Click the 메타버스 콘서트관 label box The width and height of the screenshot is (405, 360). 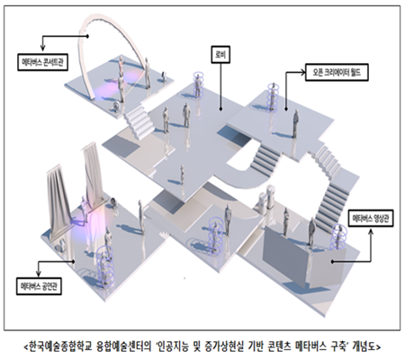(42, 62)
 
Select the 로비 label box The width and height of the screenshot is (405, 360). (220, 54)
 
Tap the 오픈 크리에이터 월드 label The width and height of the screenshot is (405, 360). (337, 72)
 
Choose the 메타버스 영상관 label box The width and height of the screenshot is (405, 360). (372, 218)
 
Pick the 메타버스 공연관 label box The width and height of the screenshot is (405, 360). (39, 286)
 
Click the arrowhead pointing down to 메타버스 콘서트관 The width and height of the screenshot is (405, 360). (43, 48)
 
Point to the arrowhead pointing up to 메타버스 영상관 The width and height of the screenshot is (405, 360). (371, 232)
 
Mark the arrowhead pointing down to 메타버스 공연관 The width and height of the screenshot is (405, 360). (39, 273)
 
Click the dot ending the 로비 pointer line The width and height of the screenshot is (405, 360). (220, 110)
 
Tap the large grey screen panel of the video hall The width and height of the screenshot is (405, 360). (285, 255)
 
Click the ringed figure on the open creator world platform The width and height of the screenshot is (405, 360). (273, 96)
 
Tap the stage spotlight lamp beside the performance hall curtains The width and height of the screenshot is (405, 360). (113, 202)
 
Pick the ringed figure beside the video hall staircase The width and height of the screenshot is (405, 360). (338, 237)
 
